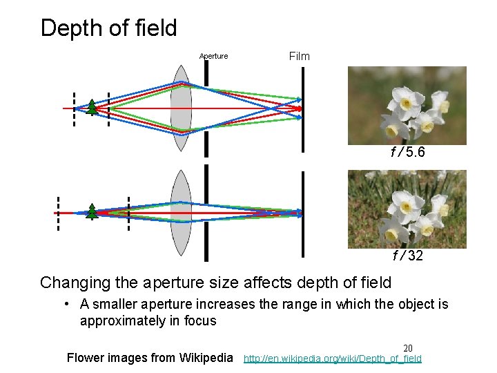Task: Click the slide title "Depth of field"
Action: tap(108, 28)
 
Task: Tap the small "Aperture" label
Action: tap(213, 57)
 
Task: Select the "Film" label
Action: tap(299, 56)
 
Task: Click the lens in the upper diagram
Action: tap(181, 108)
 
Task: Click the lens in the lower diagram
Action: tap(181, 213)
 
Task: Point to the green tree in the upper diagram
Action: tap(91, 106)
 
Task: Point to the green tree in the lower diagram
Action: tap(92, 211)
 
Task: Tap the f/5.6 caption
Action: tap(407, 152)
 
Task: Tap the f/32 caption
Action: tap(407, 256)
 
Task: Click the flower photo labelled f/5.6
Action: tap(407, 105)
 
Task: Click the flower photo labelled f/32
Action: tap(407, 209)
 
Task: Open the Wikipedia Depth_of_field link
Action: tap(333, 358)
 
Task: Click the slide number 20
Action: tap(407, 349)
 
